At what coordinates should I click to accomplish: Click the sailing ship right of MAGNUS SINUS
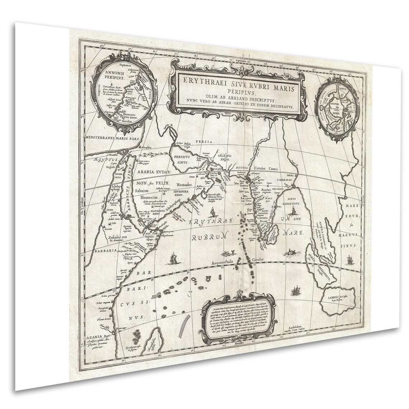[x=349, y=259]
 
